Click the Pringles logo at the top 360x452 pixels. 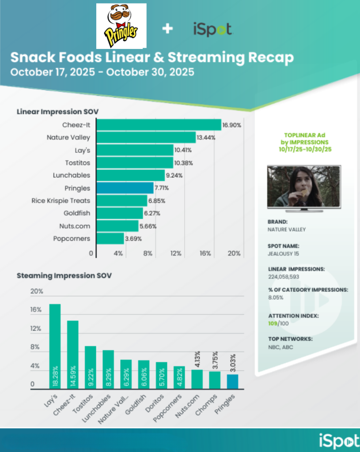click(121, 26)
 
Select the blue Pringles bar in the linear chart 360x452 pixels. click(125, 188)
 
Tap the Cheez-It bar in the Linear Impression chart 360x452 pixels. click(159, 125)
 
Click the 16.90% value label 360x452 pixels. click(232, 125)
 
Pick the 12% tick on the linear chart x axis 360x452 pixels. click(176, 253)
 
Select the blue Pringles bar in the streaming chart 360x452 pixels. click(232, 381)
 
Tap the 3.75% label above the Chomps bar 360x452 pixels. click(214, 361)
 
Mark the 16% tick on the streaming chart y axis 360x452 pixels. click(36, 310)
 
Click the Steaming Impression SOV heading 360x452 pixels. click(64, 275)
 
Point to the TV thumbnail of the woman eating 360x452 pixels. click(304, 187)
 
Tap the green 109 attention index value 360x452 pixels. click(273, 324)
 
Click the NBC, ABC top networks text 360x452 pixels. click(280, 347)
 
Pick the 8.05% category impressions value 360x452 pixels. click(276, 298)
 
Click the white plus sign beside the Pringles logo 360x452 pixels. click(167, 29)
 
